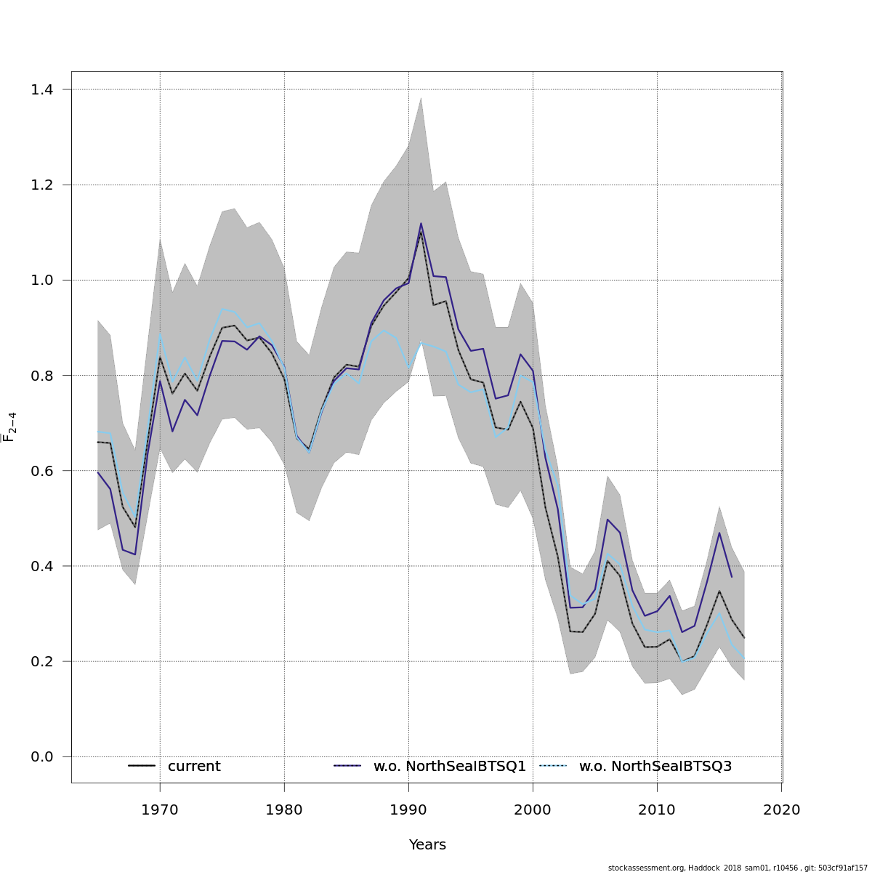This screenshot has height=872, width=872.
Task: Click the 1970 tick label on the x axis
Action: point(160,810)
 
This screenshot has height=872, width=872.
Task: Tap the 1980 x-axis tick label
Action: point(284,810)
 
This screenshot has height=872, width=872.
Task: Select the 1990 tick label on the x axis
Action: point(408,810)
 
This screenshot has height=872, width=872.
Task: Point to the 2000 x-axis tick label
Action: point(533,810)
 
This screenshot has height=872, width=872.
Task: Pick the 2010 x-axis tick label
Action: point(657,810)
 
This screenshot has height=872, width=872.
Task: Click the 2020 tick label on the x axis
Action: point(781,810)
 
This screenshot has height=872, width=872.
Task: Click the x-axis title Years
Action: point(427,845)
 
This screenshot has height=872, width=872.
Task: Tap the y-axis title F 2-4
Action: point(10,427)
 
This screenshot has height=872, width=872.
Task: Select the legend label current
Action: point(194,767)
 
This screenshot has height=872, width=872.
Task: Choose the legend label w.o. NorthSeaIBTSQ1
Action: point(450,767)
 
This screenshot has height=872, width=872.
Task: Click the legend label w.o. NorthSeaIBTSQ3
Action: point(655,767)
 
